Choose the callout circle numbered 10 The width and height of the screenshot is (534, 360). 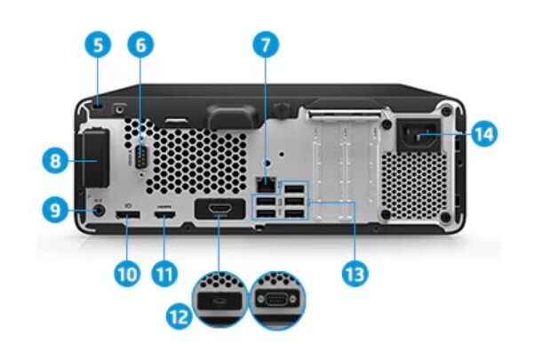point(126,272)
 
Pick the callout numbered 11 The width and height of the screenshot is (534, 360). point(162,272)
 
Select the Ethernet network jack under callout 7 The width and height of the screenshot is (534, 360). point(265,182)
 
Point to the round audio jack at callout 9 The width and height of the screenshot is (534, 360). point(98,211)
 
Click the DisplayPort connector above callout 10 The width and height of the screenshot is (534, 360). point(126,216)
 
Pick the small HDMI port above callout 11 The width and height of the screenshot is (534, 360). point(163,216)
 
